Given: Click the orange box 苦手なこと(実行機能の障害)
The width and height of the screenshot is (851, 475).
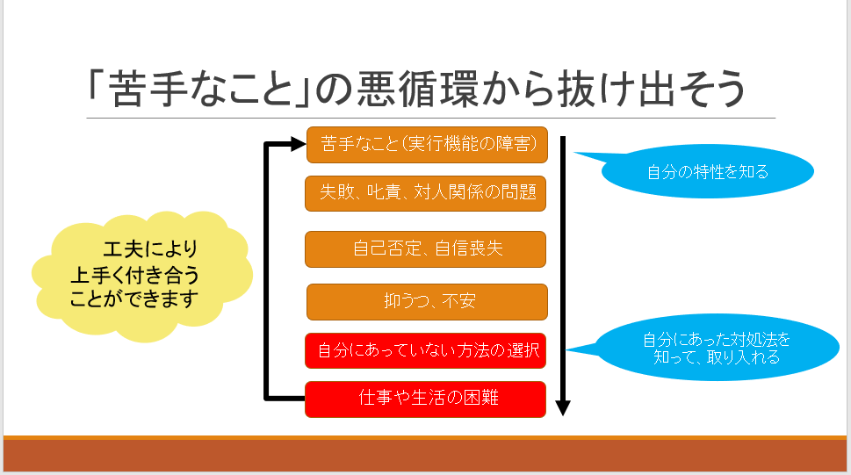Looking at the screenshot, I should [427, 145].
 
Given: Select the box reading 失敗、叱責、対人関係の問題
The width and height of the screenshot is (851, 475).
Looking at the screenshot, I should [426, 193].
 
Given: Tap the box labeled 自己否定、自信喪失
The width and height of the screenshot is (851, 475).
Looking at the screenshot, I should [426, 249].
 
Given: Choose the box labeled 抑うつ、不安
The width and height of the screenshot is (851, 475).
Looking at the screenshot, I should [427, 302].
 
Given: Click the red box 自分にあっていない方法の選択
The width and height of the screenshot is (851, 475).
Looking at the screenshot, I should [427, 351].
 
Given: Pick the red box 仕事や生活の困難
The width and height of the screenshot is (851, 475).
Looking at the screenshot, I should [427, 399].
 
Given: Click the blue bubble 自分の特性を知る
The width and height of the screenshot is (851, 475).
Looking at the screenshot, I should [708, 171].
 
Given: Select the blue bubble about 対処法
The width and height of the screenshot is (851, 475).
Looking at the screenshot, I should [716, 349].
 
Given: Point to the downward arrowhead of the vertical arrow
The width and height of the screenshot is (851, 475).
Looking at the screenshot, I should [564, 407].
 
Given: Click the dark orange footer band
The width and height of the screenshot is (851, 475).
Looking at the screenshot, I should [425, 455].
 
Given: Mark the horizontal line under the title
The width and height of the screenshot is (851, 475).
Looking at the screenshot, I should [430, 118].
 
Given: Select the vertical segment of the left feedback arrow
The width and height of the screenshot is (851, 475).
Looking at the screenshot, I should [267, 272].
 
